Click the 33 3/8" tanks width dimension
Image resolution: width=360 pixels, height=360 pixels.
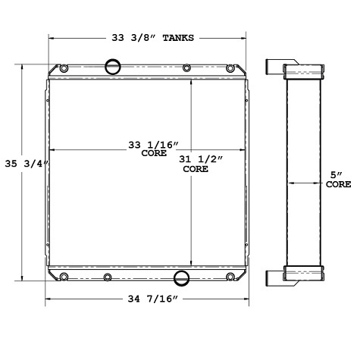click(x=149, y=36)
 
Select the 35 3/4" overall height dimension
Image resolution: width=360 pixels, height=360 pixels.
click(x=26, y=162)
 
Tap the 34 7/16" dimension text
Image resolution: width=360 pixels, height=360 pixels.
click(x=149, y=301)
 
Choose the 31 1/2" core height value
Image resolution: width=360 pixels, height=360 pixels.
click(x=195, y=160)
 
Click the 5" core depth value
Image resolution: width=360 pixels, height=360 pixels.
click(x=337, y=175)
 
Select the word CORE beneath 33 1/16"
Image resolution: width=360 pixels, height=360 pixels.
click(x=153, y=154)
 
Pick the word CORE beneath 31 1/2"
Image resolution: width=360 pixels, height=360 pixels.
click(x=196, y=170)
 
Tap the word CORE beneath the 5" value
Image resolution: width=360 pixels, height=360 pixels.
click(x=338, y=184)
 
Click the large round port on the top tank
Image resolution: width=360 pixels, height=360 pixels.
click(x=113, y=67)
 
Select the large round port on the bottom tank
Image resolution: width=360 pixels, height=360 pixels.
click(x=183, y=277)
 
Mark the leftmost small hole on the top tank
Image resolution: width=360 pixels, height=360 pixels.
click(x=64, y=70)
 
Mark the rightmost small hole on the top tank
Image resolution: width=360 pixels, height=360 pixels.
click(x=232, y=69)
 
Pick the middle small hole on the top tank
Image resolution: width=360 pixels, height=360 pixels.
click(x=186, y=69)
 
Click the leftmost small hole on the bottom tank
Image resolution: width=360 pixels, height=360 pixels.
click(x=64, y=276)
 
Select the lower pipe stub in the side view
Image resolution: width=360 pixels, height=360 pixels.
click(x=274, y=277)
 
